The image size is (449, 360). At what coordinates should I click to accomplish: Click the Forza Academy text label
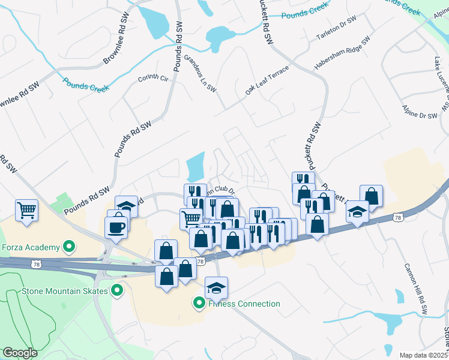(x=30, y=247)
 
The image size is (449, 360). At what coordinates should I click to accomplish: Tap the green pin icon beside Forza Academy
(x=69, y=246)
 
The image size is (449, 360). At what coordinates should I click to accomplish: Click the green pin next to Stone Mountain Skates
(x=117, y=292)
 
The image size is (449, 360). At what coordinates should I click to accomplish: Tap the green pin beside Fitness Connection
(x=199, y=304)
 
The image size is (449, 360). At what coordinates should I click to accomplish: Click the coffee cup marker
(x=116, y=227)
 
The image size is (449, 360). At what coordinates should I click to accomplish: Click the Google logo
(x=20, y=353)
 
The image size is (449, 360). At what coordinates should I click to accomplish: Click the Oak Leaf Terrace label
(x=267, y=80)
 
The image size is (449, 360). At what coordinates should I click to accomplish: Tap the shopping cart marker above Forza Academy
(x=27, y=211)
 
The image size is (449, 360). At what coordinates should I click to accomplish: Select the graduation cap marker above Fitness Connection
(x=216, y=288)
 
